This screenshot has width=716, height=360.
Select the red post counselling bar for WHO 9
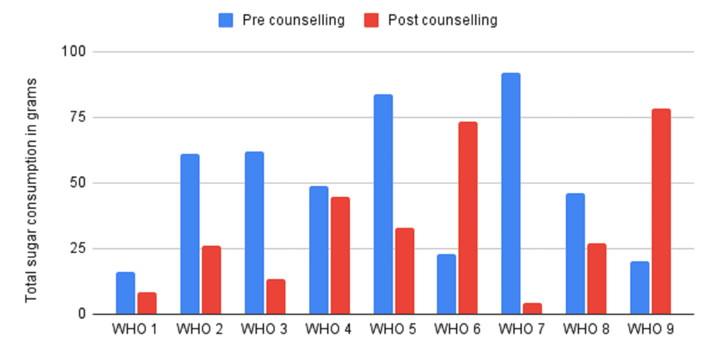click(x=661, y=211)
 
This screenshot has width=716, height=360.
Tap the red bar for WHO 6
click(x=468, y=218)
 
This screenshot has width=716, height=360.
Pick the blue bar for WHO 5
click(x=383, y=204)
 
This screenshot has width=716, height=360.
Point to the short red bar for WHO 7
click(x=532, y=308)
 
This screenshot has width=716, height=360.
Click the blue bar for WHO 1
click(x=125, y=293)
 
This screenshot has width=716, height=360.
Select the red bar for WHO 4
click(x=340, y=255)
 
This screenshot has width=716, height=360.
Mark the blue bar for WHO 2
click(x=190, y=234)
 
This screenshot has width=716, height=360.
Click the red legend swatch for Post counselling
click(x=371, y=20)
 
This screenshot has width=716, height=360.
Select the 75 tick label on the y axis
click(x=77, y=117)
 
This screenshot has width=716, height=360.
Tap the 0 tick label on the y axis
click(x=82, y=314)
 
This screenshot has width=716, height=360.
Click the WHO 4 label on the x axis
click(x=328, y=329)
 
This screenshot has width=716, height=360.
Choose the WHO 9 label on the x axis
click(x=651, y=329)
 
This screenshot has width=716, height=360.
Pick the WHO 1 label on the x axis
click(x=135, y=329)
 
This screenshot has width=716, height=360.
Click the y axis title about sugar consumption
click(x=31, y=190)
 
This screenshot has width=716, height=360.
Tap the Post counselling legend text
click(x=442, y=20)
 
